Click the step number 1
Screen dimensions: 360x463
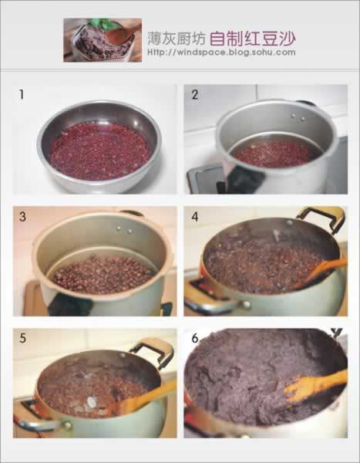pyautogui.click(x=22, y=94)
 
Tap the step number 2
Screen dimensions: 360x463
pyautogui.click(x=195, y=94)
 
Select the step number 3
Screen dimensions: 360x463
pyautogui.click(x=22, y=217)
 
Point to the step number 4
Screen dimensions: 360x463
pyautogui.click(x=195, y=217)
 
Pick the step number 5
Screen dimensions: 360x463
pyautogui.click(x=22, y=339)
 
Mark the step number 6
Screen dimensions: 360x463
pyautogui.click(x=195, y=339)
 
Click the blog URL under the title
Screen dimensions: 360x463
pyautogui.click(x=221, y=52)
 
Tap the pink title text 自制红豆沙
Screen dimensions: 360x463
pyautogui.click(x=253, y=39)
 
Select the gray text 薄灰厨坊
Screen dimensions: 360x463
pyautogui.click(x=177, y=39)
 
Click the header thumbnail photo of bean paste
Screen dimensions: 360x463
pyautogui.click(x=103, y=40)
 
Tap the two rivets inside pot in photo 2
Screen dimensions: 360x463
pyautogui.click(x=298, y=117)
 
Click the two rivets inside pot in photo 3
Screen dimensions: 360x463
pyautogui.click(x=124, y=230)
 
